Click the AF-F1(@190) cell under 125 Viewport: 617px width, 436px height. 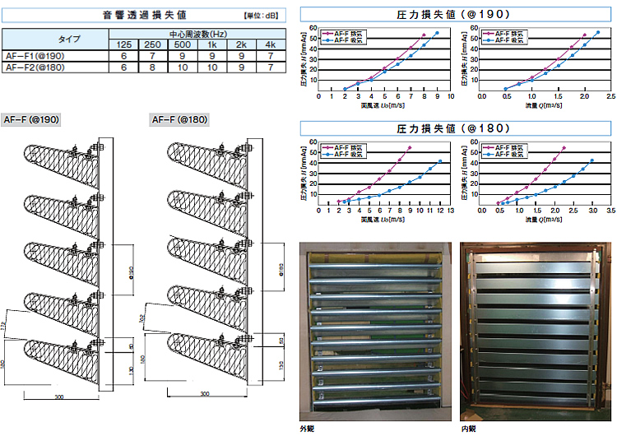click(123, 55)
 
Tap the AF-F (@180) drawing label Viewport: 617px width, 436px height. click(179, 119)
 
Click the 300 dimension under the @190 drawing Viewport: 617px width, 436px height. click(58, 397)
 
